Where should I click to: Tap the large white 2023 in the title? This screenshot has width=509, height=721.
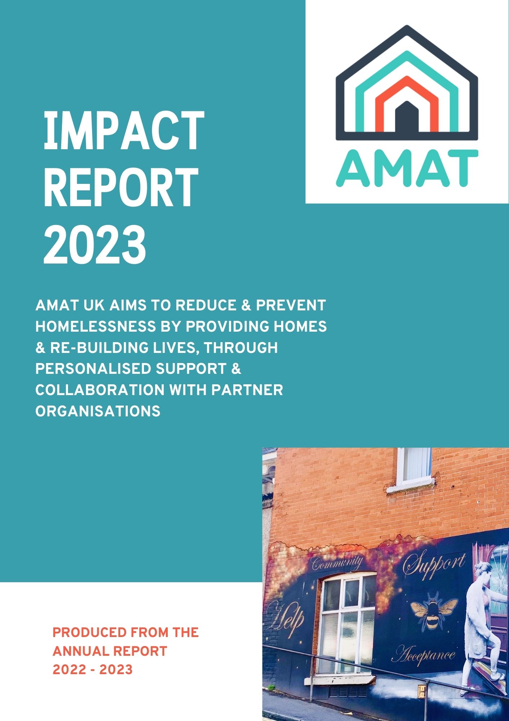(95, 244)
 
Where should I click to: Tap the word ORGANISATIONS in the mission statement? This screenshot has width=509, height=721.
(98, 411)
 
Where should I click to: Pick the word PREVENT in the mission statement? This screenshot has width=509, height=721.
(291, 305)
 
